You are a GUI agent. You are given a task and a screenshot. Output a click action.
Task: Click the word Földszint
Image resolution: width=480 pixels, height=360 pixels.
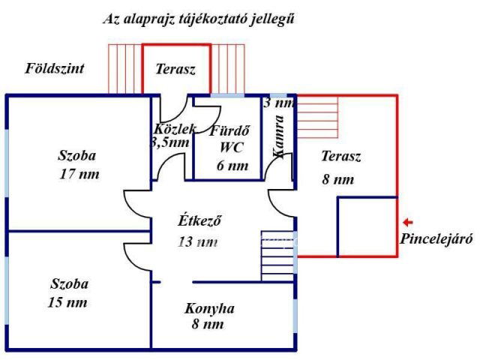(55, 68)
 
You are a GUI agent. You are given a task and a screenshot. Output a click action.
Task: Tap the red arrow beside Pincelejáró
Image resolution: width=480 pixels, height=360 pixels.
(407, 222)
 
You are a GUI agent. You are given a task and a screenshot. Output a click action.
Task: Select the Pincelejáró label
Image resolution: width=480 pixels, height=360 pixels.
(436, 241)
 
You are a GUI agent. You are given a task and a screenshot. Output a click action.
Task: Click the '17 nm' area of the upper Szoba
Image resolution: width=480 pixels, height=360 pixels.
(79, 174)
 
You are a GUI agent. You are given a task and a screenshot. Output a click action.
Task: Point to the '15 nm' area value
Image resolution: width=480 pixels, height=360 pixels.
(66, 302)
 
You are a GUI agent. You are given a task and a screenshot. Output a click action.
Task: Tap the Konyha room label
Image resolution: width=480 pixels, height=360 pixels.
(210, 308)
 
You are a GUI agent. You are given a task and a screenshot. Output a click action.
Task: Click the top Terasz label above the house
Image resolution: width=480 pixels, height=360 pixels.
(175, 69)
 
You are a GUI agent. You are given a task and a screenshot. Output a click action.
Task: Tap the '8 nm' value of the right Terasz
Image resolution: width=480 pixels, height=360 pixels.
(337, 179)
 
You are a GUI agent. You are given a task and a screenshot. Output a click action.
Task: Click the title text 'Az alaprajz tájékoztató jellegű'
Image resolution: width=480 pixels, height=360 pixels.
(198, 19)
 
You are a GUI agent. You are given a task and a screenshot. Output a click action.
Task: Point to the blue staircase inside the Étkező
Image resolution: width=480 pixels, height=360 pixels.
(277, 256)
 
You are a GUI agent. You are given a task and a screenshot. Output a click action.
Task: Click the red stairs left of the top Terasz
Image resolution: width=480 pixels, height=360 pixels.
(124, 69)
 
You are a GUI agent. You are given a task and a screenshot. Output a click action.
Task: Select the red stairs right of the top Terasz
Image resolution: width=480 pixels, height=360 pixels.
(229, 69)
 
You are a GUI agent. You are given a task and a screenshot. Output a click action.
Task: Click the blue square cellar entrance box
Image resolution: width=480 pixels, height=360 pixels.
(367, 226)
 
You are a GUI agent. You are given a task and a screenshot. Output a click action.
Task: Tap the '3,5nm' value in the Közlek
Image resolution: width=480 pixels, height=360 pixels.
(170, 142)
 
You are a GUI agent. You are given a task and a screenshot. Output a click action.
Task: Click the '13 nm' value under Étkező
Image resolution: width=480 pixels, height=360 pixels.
(199, 241)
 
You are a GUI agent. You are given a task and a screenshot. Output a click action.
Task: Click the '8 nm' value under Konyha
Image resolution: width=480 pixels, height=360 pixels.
(208, 324)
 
